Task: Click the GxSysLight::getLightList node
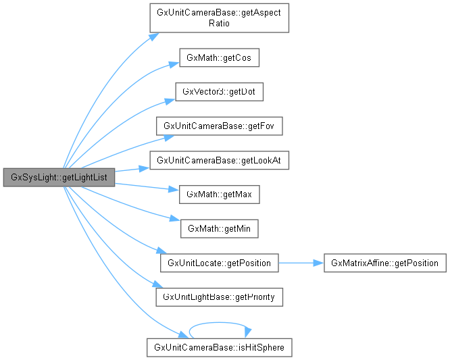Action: [x=59, y=178]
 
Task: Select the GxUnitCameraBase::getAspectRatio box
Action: [x=219, y=18]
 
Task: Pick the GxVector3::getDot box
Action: [x=219, y=91]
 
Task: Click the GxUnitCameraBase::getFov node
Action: [x=219, y=126]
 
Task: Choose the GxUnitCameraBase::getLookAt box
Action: [x=219, y=160]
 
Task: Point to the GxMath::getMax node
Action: [x=219, y=194]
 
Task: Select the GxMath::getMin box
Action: [x=219, y=228]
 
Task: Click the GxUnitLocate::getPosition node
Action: [x=219, y=263]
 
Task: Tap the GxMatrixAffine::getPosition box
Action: [x=385, y=263]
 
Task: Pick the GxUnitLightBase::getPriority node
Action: [x=219, y=297]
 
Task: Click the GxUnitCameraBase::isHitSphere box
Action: [x=219, y=348]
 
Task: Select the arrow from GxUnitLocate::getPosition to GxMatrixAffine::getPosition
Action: [x=301, y=263]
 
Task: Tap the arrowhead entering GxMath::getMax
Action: [x=174, y=190]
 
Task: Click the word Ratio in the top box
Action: [x=220, y=24]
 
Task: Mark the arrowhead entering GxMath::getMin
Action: [x=174, y=220]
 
